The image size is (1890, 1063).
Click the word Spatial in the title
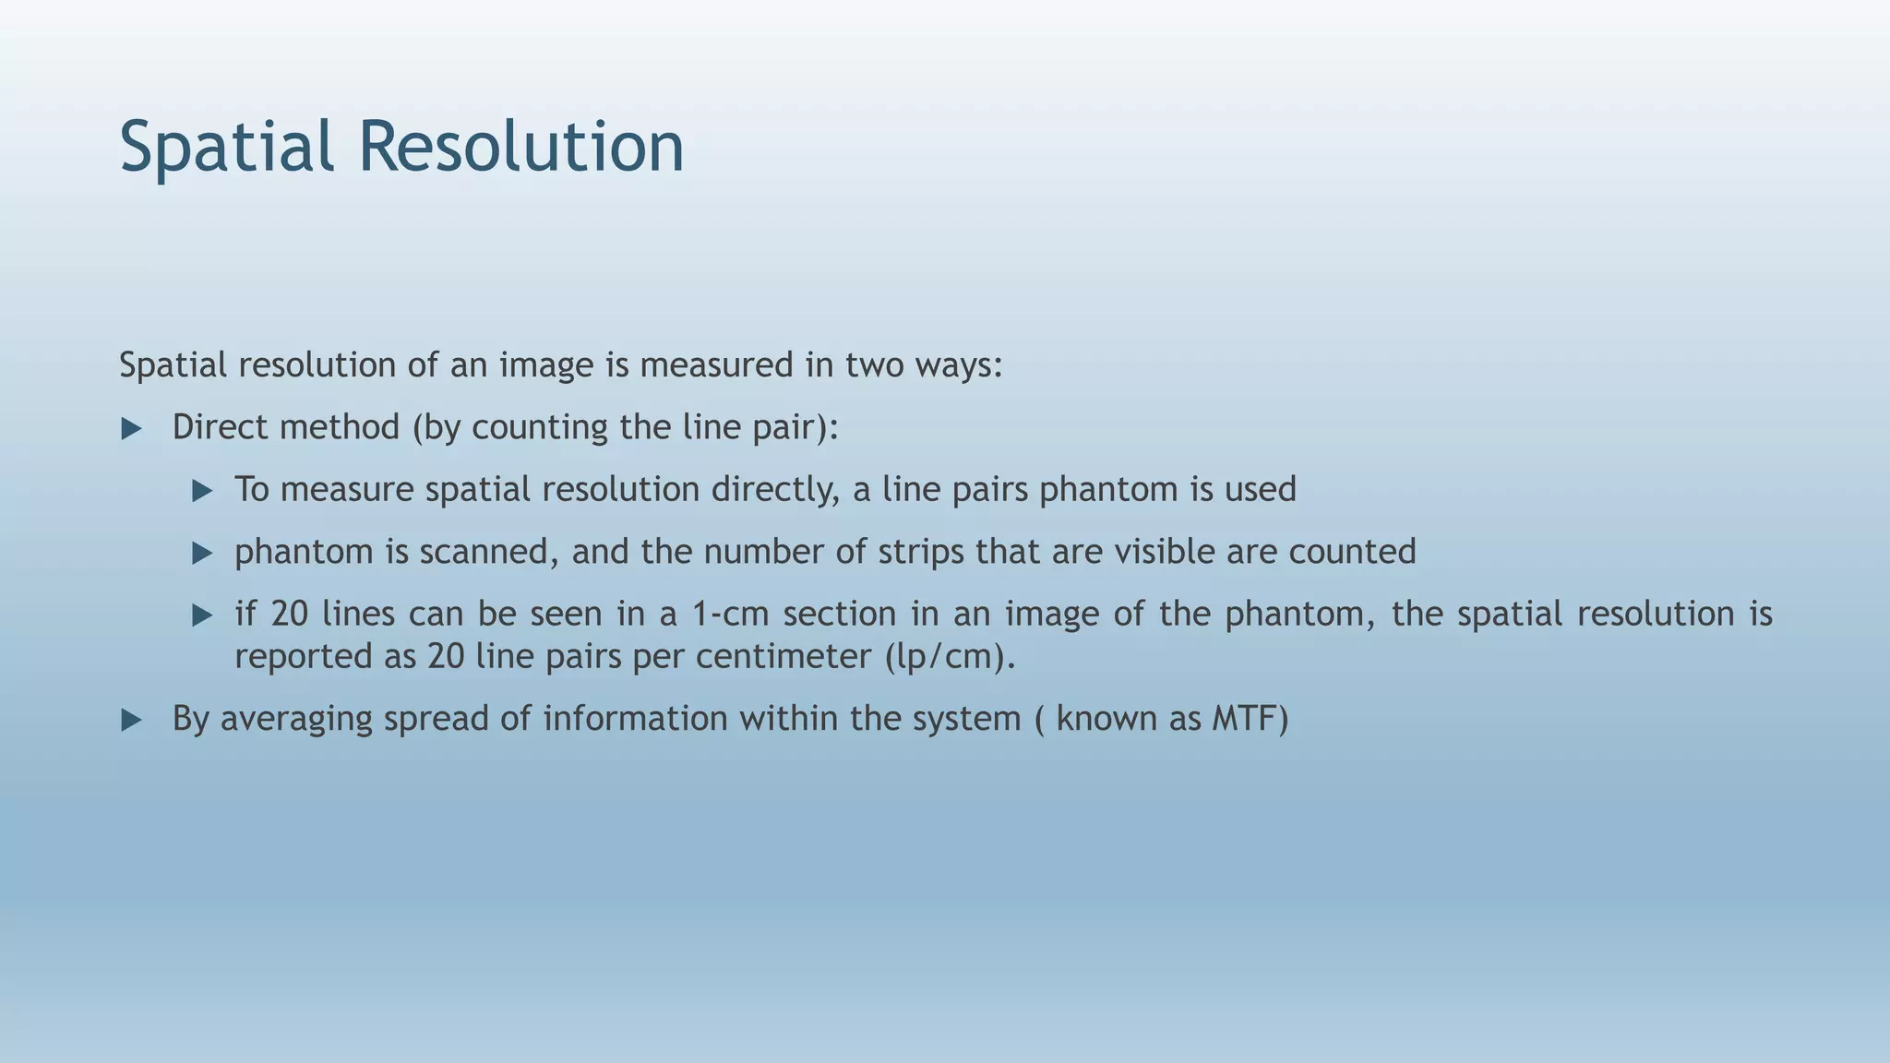click(x=226, y=148)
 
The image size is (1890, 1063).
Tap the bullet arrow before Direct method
click(x=131, y=429)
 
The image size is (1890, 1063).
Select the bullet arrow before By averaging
click(x=131, y=721)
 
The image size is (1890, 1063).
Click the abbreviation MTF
click(x=1250, y=718)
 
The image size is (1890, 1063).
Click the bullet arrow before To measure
click(x=202, y=491)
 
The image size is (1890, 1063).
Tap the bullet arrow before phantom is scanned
click(x=202, y=554)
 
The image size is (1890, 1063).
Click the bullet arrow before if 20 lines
click(x=202, y=615)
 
